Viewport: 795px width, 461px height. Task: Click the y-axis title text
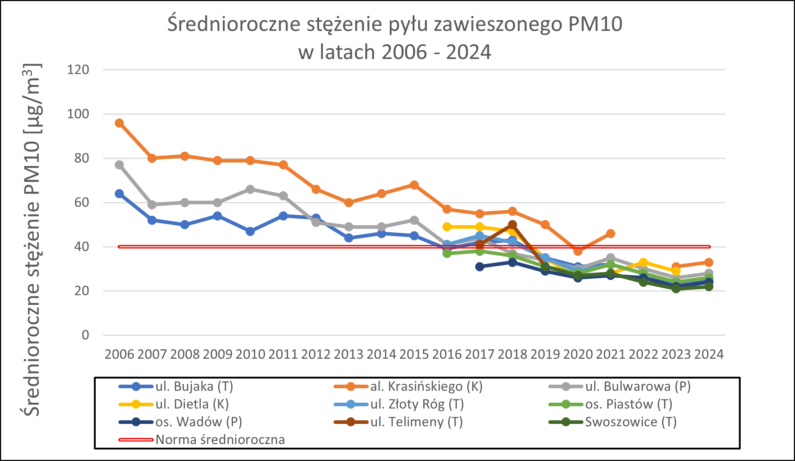pyautogui.click(x=32, y=240)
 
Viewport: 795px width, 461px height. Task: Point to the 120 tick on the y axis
pyautogui.click(x=78, y=70)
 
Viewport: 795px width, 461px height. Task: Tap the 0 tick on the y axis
pyautogui.click(x=85, y=335)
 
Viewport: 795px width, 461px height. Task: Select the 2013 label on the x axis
pyautogui.click(x=349, y=354)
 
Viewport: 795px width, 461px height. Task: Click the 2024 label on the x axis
pyautogui.click(x=709, y=354)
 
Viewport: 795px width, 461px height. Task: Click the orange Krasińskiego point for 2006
pyautogui.click(x=119, y=123)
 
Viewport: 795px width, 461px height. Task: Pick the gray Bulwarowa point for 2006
pyautogui.click(x=119, y=165)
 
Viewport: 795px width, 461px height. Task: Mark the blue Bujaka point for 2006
pyautogui.click(x=119, y=194)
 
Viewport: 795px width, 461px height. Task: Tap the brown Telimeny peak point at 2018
pyautogui.click(x=512, y=225)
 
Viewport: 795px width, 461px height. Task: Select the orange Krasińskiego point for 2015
pyautogui.click(x=414, y=185)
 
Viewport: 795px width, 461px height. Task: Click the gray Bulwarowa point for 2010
pyautogui.click(x=250, y=189)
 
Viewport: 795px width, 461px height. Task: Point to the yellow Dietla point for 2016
pyautogui.click(x=447, y=227)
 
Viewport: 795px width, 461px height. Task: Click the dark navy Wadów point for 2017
pyautogui.click(x=480, y=267)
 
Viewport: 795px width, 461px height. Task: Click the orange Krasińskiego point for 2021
pyautogui.click(x=610, y=234)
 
